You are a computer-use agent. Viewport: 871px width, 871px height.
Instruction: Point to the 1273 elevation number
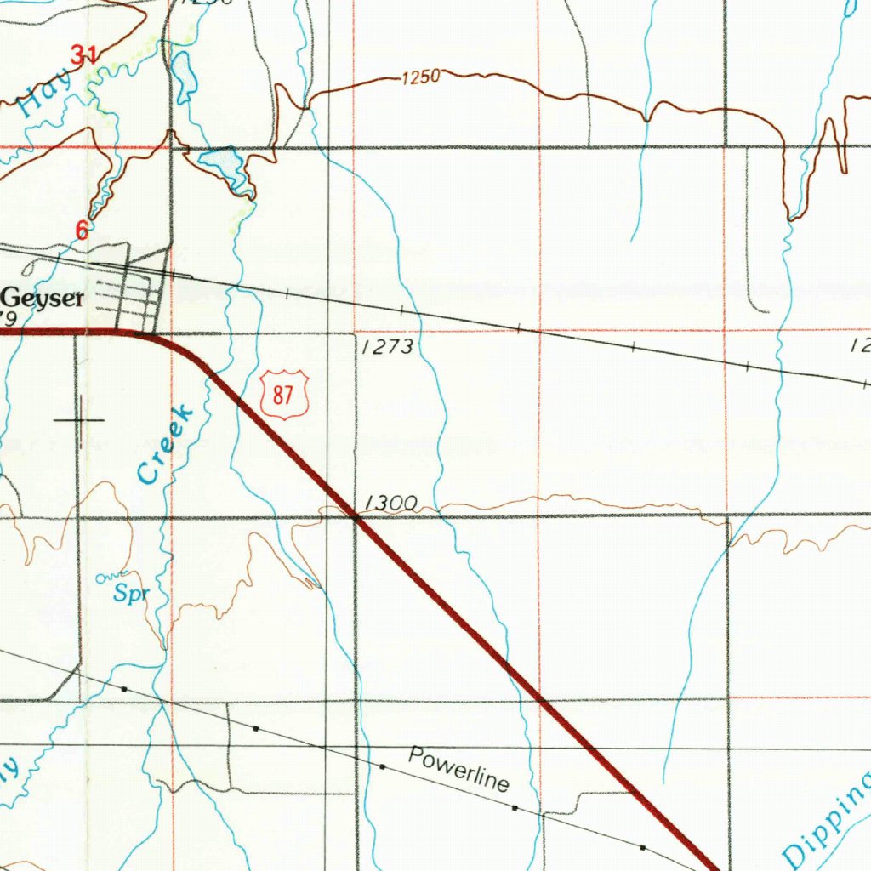click(386, 346)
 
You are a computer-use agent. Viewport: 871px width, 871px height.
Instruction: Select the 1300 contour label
click(390, 504)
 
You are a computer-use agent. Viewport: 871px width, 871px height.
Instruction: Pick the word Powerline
click(458, 768)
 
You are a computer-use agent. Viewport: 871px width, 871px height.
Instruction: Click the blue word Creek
click(165, 445)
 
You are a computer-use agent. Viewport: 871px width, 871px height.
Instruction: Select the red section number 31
click(83, 56)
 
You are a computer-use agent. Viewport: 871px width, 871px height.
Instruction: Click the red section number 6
click(82, 230)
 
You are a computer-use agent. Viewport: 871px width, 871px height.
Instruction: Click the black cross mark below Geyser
click(79, 420)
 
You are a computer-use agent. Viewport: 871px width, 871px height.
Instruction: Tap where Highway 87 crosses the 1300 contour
click(356, 515)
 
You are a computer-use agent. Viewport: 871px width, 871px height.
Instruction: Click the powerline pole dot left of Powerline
click(383, 766)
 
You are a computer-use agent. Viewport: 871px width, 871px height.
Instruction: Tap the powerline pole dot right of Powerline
click(515, 806)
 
